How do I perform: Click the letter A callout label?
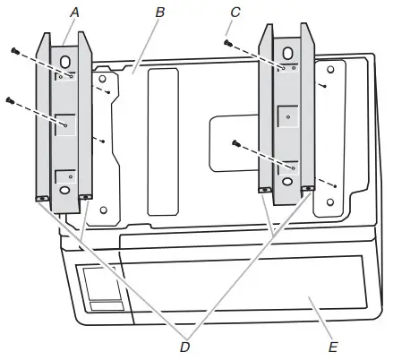coord(75,13)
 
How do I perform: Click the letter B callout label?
coord(160,13)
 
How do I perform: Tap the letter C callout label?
coord(235,13)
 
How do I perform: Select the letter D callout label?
coord(185,347)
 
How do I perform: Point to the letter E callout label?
coord(333,347)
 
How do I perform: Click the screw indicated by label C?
coord(228,43)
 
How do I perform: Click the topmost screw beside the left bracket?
coord(15,51)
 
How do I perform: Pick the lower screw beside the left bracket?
coord(10,100)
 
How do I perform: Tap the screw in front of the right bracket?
coord(236,143)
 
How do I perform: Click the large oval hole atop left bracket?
coord(65,62)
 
